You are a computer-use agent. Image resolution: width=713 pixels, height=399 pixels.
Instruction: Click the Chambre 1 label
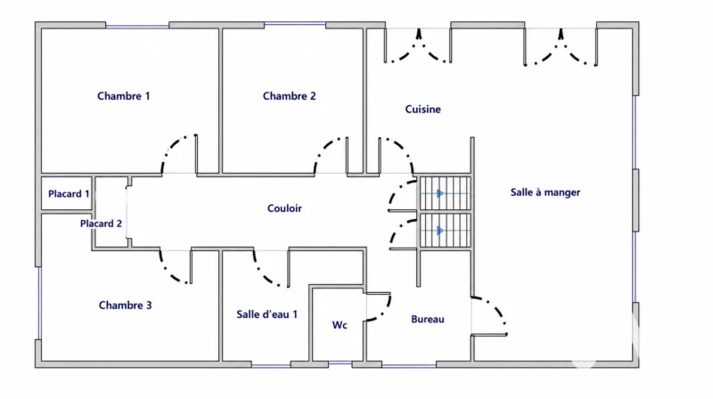pyautogui.click(x=123, y=96)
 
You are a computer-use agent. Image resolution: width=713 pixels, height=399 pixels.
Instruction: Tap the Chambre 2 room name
pyautogui.click(x=289, y=96)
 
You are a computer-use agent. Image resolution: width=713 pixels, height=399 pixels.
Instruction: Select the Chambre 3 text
pyautogui.click(x=125, y=305)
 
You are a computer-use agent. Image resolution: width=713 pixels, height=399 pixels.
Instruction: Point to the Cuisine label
pyautogui.click(x=422, y=109)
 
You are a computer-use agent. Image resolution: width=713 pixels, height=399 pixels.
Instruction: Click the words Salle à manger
pyautogui.click(x=545, y=192)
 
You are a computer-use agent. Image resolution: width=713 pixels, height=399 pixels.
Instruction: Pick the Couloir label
pyautogui.click(x=284, y=208)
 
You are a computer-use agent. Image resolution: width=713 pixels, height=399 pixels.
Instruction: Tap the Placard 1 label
pyautogui.click(x=69, y=193)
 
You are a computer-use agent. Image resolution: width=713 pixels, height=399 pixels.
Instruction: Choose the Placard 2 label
pyautogui.click(x=101, y=224)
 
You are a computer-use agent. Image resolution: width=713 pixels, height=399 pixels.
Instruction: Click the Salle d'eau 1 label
pyautogui.click(x=266, y=314)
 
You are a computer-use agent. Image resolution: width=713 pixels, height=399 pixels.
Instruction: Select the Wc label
pyautogui.click(x=340, y=325)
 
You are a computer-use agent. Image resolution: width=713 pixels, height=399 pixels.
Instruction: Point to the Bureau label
pyautogui.click(x=428, y=319)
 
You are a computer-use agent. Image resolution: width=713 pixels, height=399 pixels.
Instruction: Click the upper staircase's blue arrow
pyautogui.click(x=439, y=193)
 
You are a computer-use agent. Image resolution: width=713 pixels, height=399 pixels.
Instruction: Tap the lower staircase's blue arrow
pyautogui.click(x=439, y=231)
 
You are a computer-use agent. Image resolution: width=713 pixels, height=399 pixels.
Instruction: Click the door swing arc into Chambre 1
pyautogui.click(x=170, y=144)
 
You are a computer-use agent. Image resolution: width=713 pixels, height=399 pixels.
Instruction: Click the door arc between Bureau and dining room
pyautogui.click(x=496, y=305)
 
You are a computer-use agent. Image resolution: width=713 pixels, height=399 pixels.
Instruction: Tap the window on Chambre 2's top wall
pyautogui.click(x=295, y=24)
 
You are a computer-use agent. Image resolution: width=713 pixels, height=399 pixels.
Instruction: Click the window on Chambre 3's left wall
pyautogui.click(x=39, y=303)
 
